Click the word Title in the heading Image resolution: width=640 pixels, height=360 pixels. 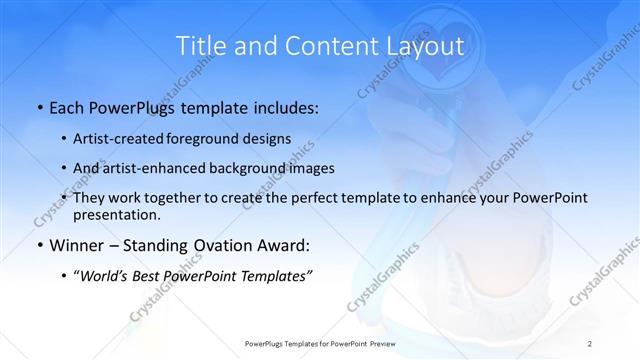[201, 46]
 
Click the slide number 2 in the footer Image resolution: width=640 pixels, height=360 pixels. [590, 343]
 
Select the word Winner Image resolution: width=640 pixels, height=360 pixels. [78, 245]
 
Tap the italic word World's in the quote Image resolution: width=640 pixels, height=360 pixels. [108, 276]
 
